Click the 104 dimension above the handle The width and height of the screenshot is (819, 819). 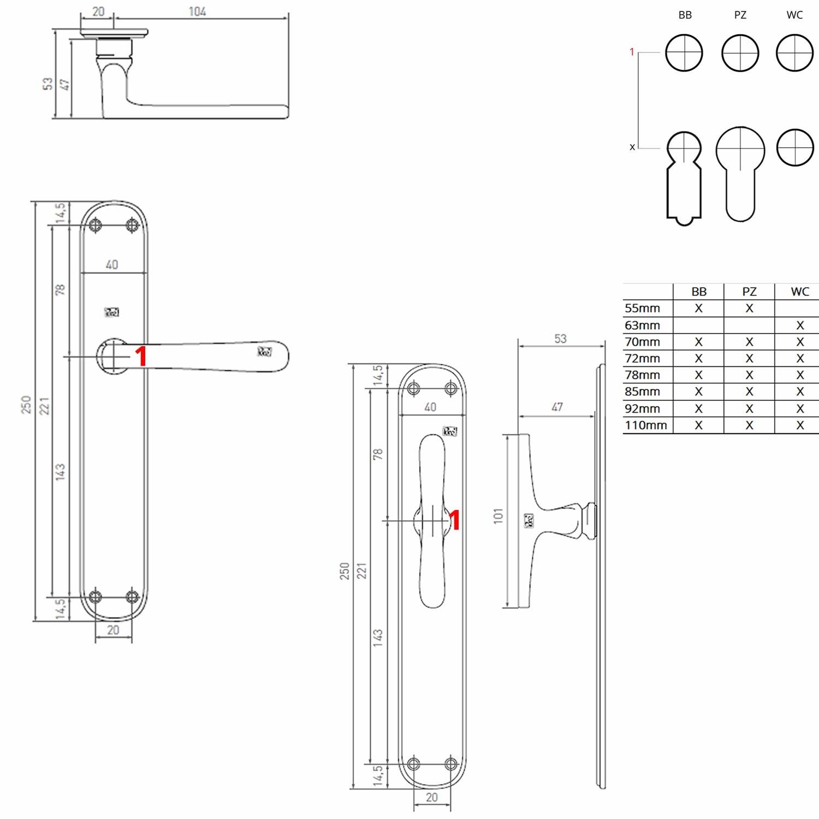tap(197, 11)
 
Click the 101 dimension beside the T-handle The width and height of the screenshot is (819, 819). tap(498, 515)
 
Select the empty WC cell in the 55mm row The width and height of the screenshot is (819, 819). tap(799, 308)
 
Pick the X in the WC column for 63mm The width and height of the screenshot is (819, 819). tap(799, 325)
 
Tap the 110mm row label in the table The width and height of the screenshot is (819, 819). tap(646, 425)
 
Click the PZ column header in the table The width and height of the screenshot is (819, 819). tap(749, 292)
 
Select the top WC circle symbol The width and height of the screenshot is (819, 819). tap(794, 53)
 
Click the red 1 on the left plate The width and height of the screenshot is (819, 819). tap(141, 357)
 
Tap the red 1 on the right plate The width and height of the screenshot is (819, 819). tap(454, 520)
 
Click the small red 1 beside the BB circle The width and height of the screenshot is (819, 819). tap(632, 52)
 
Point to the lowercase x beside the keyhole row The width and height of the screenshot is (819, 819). tap(632, 147)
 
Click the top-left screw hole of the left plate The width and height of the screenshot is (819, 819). tap(97, 225)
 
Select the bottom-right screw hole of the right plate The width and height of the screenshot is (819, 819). tap(450, 764)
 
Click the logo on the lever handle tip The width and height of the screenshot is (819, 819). tap(264, 352)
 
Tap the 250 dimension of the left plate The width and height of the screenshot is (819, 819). tap(26, 404)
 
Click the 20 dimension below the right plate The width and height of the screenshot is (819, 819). tap(431, 797)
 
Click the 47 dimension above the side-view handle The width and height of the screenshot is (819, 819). tap(557, 407)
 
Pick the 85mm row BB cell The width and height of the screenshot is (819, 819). tap(698, 392)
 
